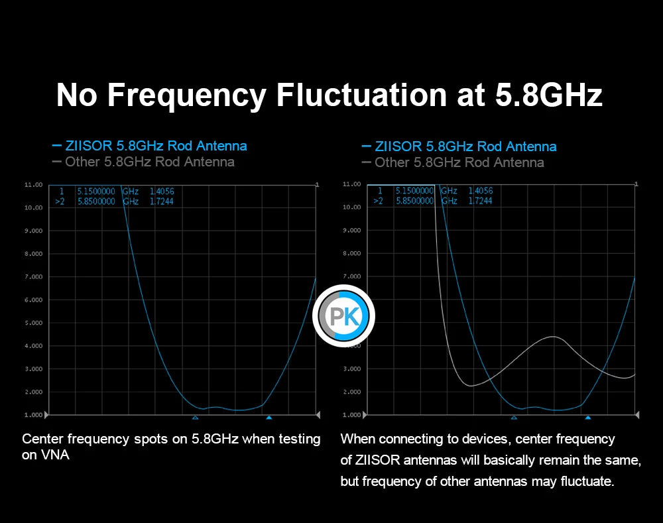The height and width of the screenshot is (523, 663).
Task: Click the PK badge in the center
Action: click(x=344, y=316)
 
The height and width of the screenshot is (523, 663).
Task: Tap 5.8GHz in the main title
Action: click(x=549, y=95)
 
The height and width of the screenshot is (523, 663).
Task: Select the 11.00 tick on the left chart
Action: click(x=33, y=184)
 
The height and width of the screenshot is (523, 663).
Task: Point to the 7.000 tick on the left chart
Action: click(x=33, y=276)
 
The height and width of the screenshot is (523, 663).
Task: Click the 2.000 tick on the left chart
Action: click(x=33, y=392)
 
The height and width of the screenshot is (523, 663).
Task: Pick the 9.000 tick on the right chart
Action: click(x=352, y=231)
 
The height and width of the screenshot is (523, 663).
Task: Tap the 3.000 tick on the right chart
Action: click(x=352, y=369)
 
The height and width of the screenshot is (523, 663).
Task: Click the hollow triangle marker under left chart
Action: click(x=195, y=418)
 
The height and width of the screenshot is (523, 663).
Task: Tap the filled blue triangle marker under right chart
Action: click(x=587, y=418)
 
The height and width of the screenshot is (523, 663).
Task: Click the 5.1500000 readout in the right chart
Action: click(x=414, y=191)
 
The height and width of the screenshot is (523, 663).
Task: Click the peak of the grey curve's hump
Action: click(x=553, y=337)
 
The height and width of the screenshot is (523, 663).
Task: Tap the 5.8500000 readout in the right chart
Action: click(x=414, y=201)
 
